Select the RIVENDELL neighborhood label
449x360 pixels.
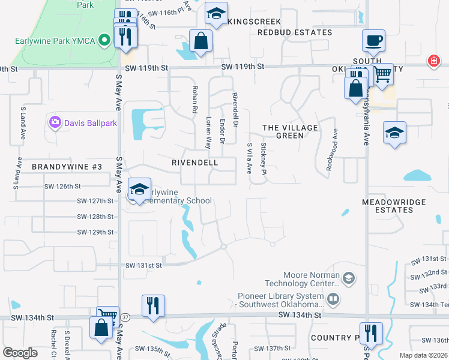pyautogui.click(x=194, y=163)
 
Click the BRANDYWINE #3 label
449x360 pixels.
pyautogui.click(x=67, y=166)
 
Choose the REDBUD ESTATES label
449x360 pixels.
pyautogui.click(x=295, y=32)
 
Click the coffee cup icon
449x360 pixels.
pyautogui.click(x=373, y=40)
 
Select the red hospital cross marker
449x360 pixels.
pyautogui.click(x=432, y=61)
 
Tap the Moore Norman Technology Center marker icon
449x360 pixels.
pyautogui.click(x=348, y=278)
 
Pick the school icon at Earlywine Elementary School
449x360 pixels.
pyautogui.click(x=139, y=190)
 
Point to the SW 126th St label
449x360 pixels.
pyautogui.click(x=62, y=186)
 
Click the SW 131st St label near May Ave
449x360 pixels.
pyautogui.click(x=143, y=265)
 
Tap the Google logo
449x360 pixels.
pyautogui.click(x=20, y=353)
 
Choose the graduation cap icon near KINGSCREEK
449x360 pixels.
pyautogui.click(x=215, y=14)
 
